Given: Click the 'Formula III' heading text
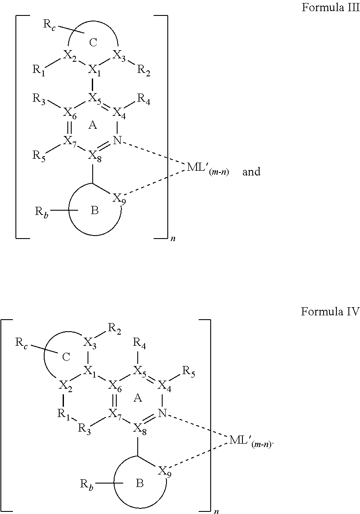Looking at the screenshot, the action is [330, 8].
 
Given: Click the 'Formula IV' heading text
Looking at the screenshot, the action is [330, 311].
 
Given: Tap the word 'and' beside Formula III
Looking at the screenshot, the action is [251, 172].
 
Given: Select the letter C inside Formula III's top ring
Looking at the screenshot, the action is [94, 42].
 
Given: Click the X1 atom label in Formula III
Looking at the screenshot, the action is [94, 70].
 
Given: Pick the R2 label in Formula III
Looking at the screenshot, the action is [143, 70].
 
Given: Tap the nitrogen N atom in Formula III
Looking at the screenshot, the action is [117, 140].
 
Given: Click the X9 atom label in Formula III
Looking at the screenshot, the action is [119, 199].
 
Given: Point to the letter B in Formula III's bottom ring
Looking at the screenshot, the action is [95, 211].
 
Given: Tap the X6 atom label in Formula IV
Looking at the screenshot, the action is [115, 387].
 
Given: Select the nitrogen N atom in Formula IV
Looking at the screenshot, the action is [162, 413].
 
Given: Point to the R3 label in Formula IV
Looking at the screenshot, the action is [84, 428].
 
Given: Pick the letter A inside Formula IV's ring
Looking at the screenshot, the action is [138, 398].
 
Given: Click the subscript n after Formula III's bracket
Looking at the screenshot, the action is [173, 239].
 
